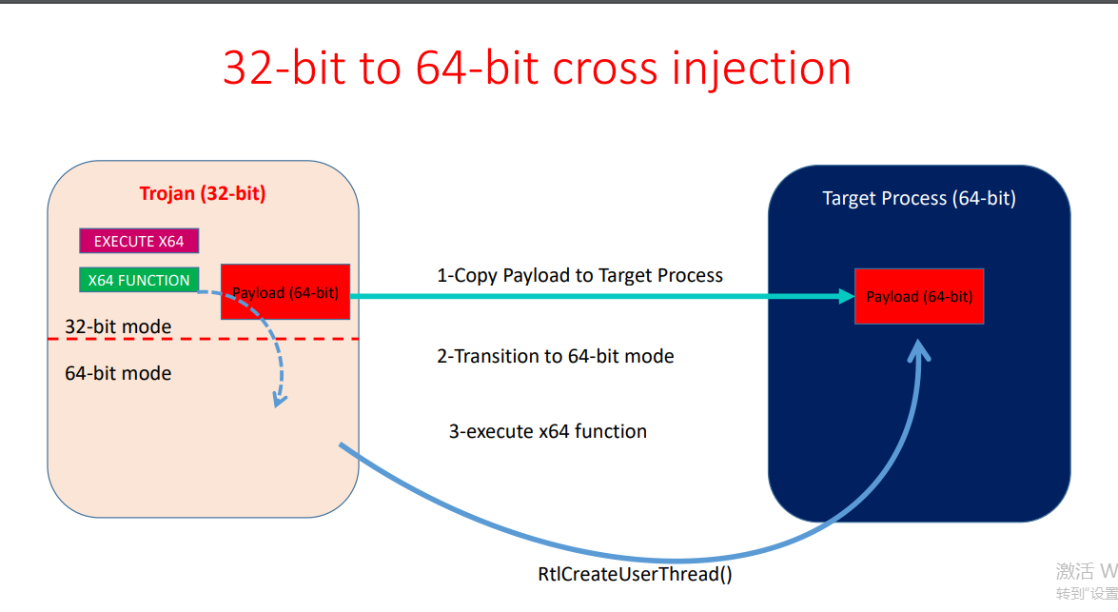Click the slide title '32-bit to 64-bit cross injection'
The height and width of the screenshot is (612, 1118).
tap(537, 69)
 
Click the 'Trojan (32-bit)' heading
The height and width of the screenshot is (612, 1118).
tap(203, 194)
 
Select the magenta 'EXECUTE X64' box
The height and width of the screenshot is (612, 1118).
tap(139, 242)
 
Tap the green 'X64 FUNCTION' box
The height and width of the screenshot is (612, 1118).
tap(139, 281)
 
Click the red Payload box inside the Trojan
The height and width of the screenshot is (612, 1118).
tap(285, 292)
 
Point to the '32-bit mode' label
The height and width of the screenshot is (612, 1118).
tap(118, 326)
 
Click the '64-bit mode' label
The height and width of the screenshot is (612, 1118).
tap(118, 373)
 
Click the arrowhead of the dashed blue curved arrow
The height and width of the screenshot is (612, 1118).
tap(278, 400)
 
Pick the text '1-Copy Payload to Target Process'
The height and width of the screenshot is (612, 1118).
tap(579, 276)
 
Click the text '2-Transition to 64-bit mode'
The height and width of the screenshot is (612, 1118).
tap(555, 357)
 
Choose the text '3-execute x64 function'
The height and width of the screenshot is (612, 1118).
tap(547, 431)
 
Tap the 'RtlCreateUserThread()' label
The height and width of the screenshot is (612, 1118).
tap(636, 574)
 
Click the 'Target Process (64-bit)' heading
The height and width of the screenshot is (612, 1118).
tap(919, 199)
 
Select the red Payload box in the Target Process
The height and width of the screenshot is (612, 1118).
tap(919, 297)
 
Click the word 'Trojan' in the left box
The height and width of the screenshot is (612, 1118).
tap(167, 194)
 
